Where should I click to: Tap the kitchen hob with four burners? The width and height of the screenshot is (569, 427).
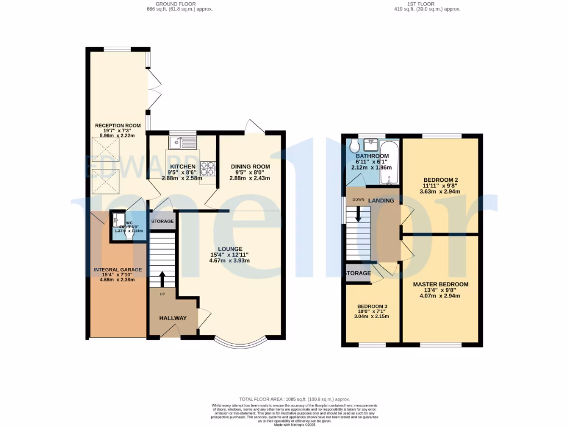coord(208,168)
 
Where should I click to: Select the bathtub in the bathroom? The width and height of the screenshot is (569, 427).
coord(388,162)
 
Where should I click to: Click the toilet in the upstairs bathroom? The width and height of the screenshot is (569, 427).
coord(354,148)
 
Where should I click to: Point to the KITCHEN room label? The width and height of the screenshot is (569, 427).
coord(183,167)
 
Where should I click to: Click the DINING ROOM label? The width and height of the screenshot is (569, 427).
coord(250,167)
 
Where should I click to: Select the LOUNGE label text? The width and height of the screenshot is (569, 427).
coord(229,249)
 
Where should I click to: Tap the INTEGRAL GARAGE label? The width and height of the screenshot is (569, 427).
coord(117,270)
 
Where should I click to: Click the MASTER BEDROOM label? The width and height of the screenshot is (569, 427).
coord(440,284)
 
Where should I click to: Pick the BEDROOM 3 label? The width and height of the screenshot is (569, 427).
coord(372,305)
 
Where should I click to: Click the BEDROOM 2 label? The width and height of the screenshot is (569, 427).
coord(440,180)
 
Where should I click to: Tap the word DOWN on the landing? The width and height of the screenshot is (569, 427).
coord(358,200)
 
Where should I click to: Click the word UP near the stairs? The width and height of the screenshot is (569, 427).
coord(162,294)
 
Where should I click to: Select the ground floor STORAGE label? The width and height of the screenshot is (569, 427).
coord(162,221)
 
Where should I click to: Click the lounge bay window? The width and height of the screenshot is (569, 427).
coord(241,343)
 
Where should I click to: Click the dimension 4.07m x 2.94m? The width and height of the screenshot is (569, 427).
coord(440,296)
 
